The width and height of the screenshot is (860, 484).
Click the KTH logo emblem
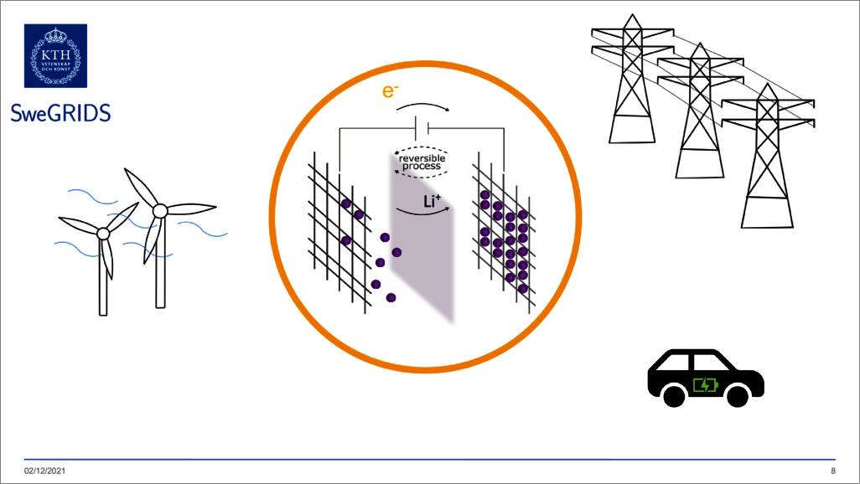click(55, 55)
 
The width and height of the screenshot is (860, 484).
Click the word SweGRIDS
click(61, 113)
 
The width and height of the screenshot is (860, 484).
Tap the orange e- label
click(389, 90)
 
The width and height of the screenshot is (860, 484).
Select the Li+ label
click(433, 201)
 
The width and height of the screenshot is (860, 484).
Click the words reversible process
click(422, 162)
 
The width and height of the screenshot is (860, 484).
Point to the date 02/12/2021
click(45, 471)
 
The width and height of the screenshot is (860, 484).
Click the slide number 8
click(833, 471)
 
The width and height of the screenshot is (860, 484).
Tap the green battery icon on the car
click(705, 385)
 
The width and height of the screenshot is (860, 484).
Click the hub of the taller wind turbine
click(160, 210)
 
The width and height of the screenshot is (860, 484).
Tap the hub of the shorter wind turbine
click(103, 234)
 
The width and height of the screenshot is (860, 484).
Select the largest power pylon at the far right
click(767, 156)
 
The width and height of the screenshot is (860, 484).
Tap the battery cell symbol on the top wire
click(422, 128)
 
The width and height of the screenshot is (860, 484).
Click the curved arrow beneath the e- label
click(422, 106)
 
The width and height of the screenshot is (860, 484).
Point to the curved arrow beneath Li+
click(422, 212)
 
